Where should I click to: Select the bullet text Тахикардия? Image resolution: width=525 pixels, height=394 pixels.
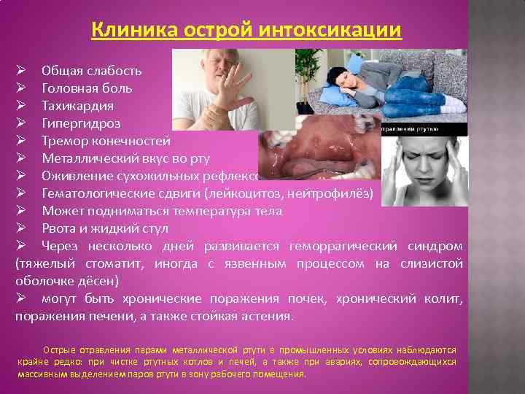tap(78, 105)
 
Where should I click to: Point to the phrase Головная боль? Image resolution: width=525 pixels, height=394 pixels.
tap(87, 88)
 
